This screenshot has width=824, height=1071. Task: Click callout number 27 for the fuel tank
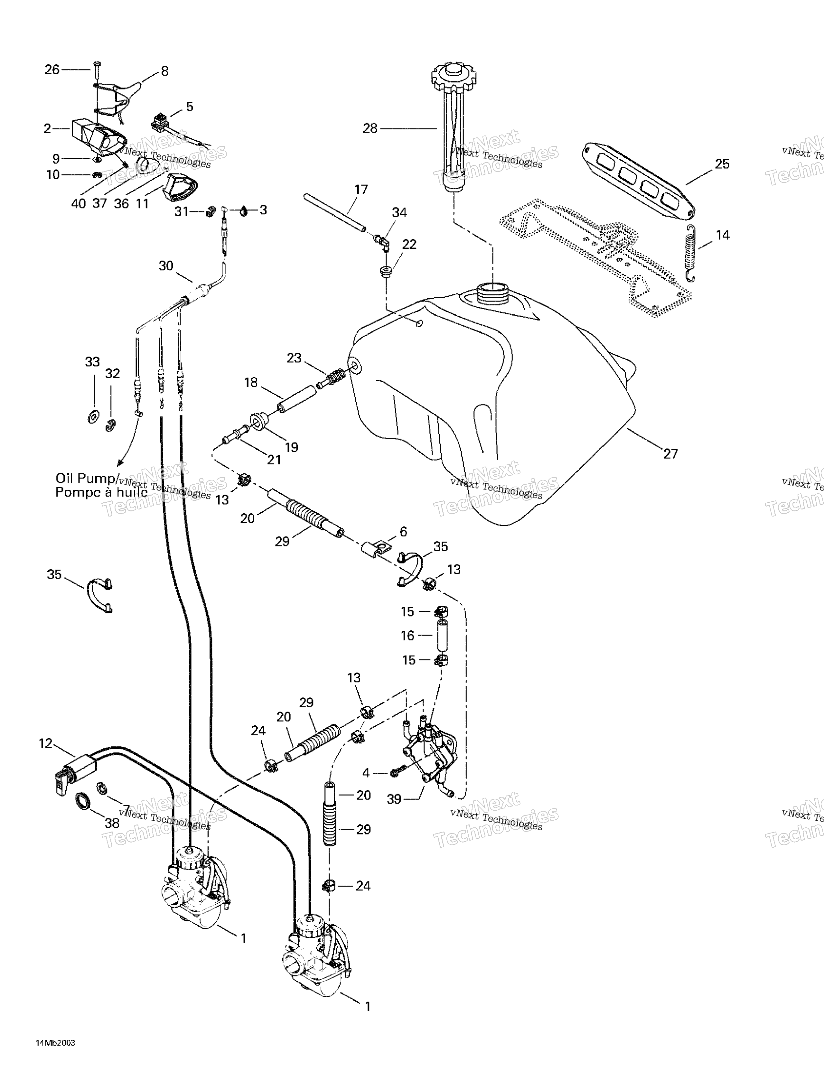tap(670, 454)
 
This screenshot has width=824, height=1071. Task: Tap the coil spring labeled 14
tap(691, 254)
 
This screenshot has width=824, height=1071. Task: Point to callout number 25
tap(722, 164)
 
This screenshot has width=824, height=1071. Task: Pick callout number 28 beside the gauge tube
tap(370, 128)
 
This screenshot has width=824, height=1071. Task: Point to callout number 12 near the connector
tap(46, 744)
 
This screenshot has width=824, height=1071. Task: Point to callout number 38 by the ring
tap(112, 823)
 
